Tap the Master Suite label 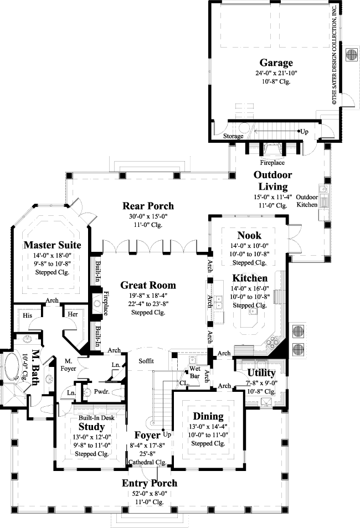tap(53, 245)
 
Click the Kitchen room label tap(250, 278)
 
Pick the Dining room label tap(208, 416)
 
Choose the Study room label tap(91, 427)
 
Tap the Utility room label tap(261, 372)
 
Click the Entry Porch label tap(150, 483)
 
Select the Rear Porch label tap(148, 206)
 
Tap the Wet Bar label tap(194, 371)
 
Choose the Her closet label tap(73, 314)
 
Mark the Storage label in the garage tap(233, 136)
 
